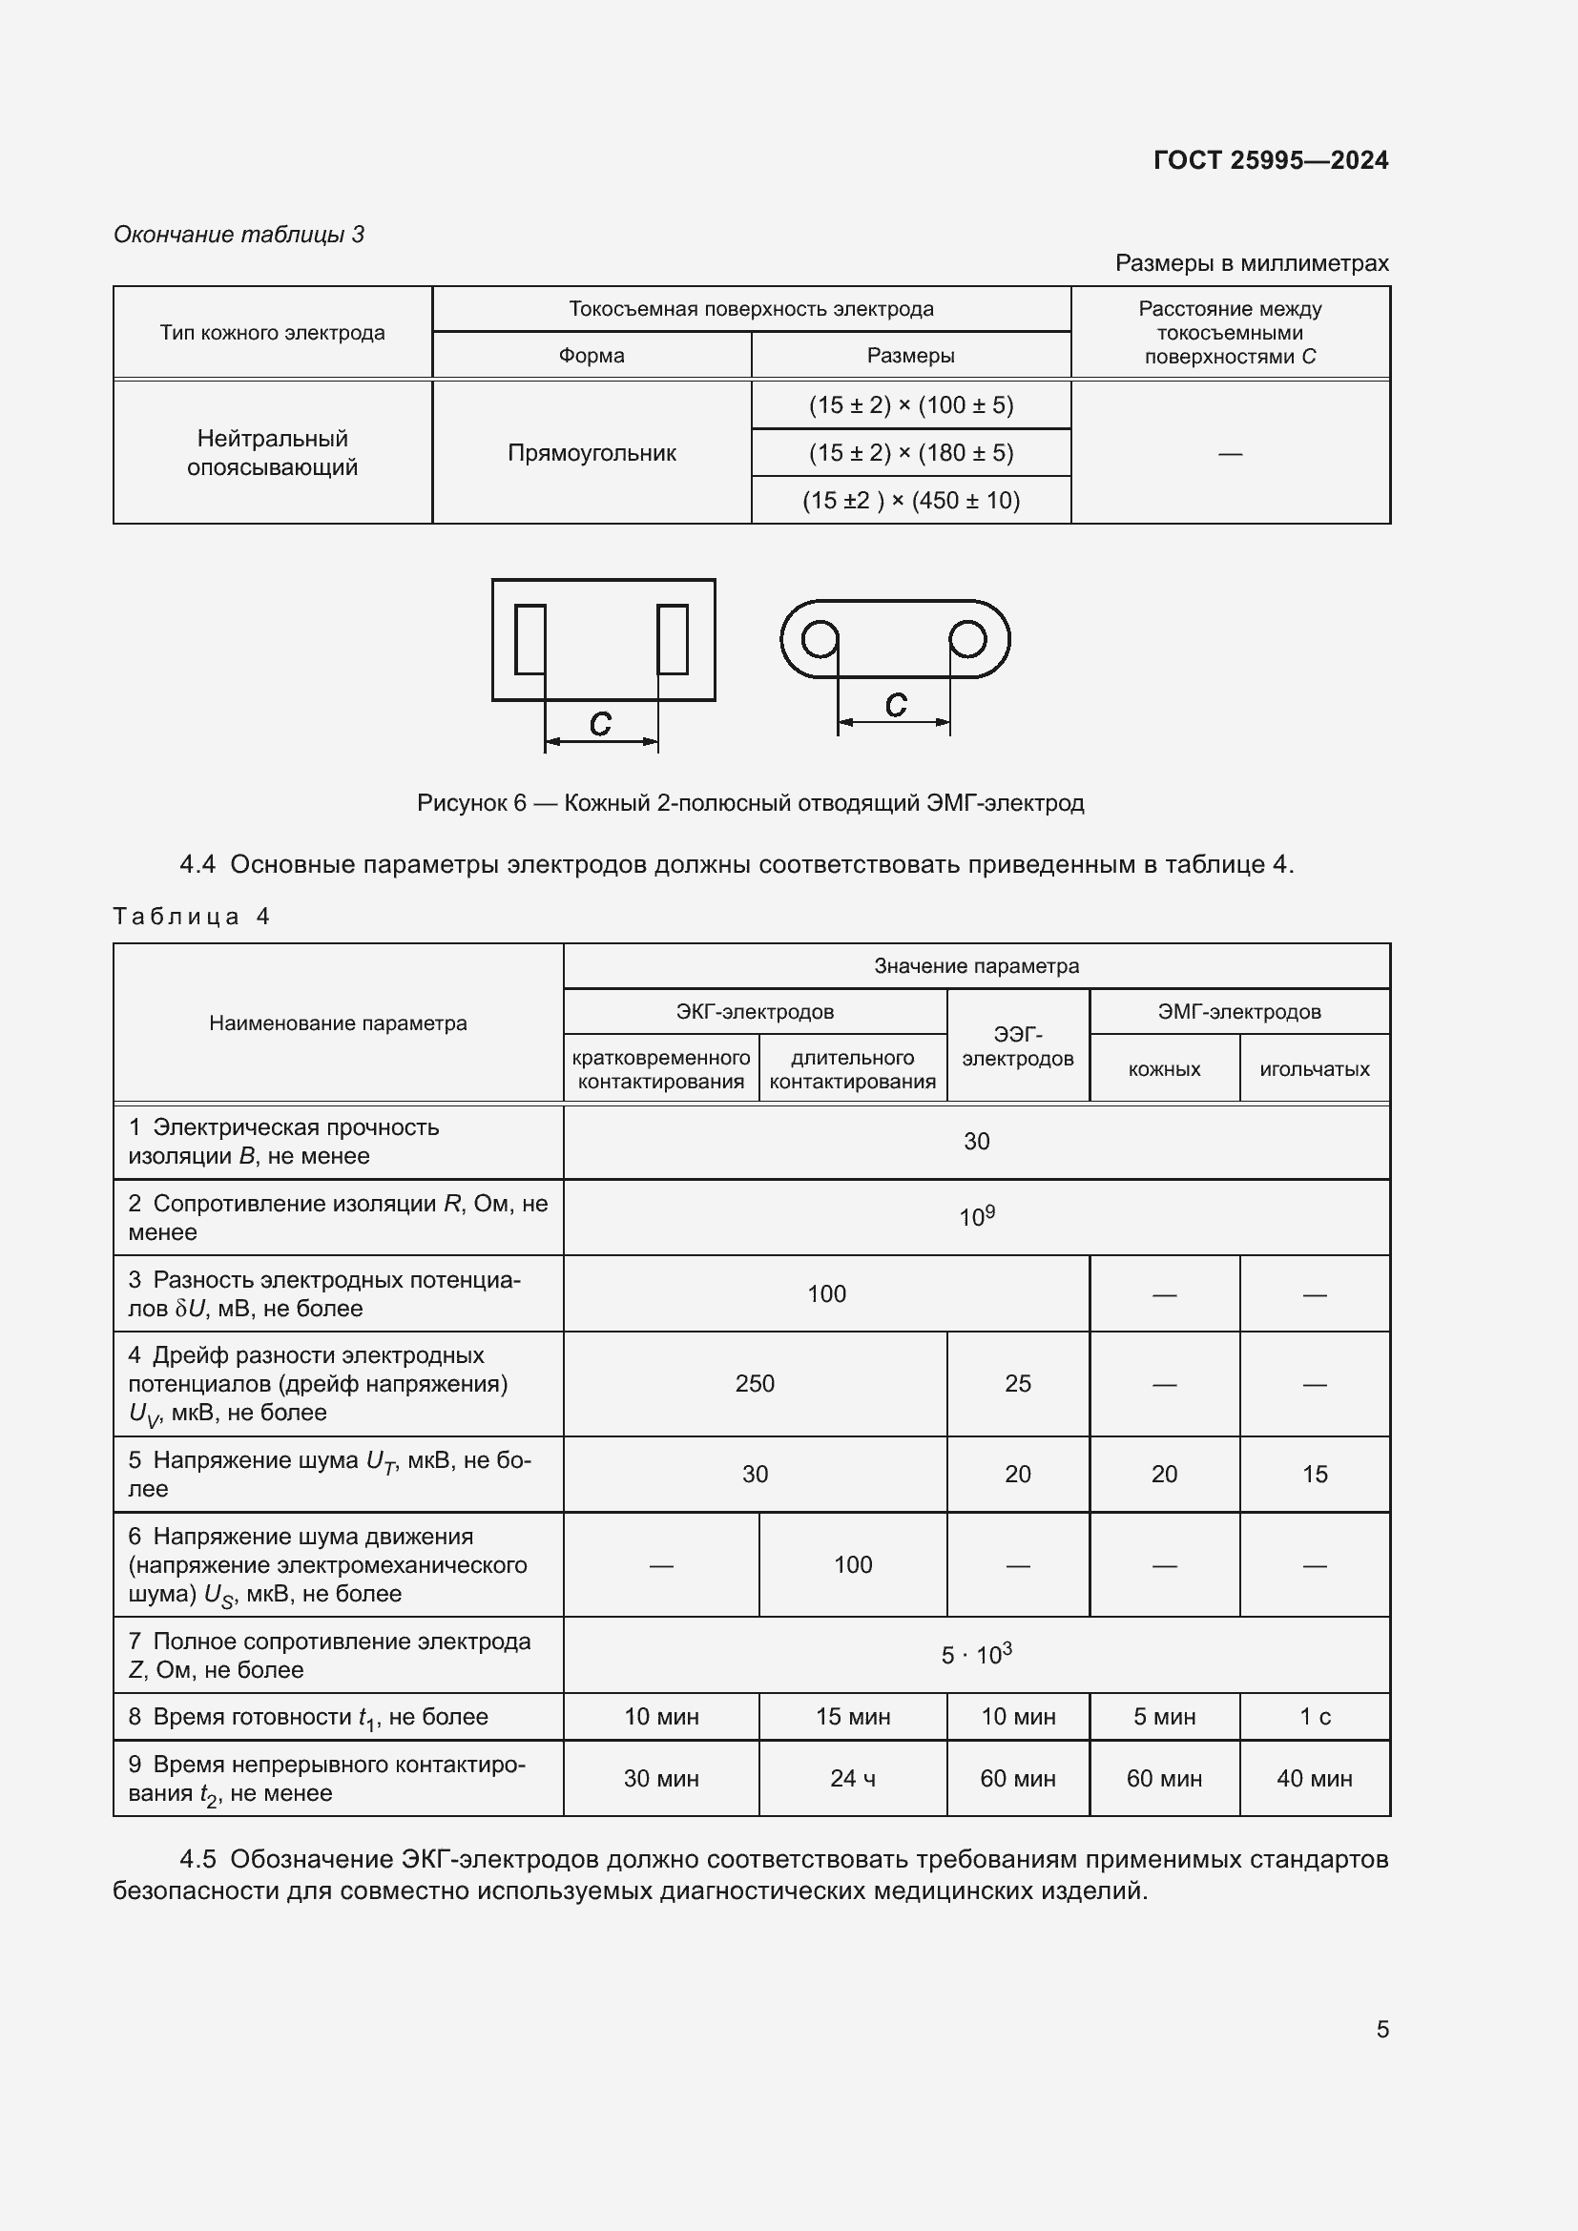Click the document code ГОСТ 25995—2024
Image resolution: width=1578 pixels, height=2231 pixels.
click(x=1270, y=160)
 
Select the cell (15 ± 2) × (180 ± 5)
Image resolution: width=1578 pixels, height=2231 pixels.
click(x=910, y=453)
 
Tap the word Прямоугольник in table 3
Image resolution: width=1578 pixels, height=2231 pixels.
click(x=591, y=453)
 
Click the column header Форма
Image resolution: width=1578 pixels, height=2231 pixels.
click(x=591, y=356)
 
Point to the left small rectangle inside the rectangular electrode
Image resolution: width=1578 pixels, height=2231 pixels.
click(x=529, y=639)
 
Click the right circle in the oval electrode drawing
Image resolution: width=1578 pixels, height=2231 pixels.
click(x=966, y=639)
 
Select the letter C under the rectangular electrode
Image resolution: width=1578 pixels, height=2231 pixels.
click(x=600, y=724)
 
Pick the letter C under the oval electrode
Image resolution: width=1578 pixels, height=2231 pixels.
click(x=895, y=706)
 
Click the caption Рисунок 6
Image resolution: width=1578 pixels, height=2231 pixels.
click(x=750, y=802)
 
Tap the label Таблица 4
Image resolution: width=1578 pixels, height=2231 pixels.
click(x=191, y=917)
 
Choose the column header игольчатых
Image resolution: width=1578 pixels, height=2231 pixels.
click(x=1314, y=1069)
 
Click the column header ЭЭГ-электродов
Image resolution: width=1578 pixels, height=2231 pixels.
click(x=1017, y=1046)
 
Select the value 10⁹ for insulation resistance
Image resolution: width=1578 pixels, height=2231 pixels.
click(x=977, y=1216)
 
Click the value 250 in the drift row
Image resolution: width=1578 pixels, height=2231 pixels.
click(x=754, y=1384)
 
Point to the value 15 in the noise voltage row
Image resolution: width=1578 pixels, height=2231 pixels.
click(x=1314, y=1474)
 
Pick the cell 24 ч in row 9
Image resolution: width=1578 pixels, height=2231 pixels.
click(x=852, y=1778)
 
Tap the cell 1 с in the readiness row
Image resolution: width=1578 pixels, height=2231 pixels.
click(x=1314, y=1717)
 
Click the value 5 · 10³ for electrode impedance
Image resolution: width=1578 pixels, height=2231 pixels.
click(x=977, y=1654)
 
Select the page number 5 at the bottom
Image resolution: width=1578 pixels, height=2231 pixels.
click(x=1381, y=2030)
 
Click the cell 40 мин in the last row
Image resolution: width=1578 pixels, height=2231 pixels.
click(x=1314, y=1778)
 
